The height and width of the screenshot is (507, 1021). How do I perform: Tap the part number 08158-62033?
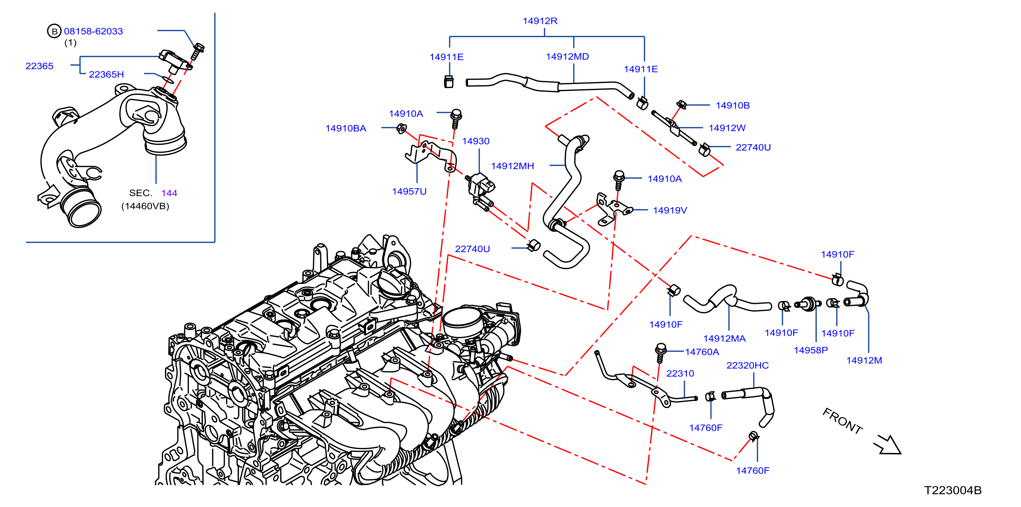(94, 31)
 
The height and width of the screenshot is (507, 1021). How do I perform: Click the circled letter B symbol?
(54, 31)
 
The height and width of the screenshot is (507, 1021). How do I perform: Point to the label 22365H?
(106, 74)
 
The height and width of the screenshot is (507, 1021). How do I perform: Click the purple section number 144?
(169, 193)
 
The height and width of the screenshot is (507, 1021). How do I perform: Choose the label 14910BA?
(346, 128)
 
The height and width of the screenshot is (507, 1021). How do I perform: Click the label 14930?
(475, 141)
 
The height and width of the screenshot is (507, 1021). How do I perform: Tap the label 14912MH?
(512, 166)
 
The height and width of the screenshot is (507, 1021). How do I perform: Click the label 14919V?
(670, 210)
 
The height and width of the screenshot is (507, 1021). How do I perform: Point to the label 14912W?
(727, 128)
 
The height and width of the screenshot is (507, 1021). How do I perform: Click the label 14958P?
(811, 350)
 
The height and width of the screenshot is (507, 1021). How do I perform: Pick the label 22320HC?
(747, 365)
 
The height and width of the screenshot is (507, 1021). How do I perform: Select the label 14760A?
(702, 352)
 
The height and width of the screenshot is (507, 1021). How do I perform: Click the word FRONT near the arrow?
(842, 421)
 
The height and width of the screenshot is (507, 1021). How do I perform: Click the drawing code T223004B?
(953, 490)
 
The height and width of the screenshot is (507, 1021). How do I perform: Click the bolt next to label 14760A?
(660, 353)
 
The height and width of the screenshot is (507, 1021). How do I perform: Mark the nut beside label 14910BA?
(401, 128)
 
